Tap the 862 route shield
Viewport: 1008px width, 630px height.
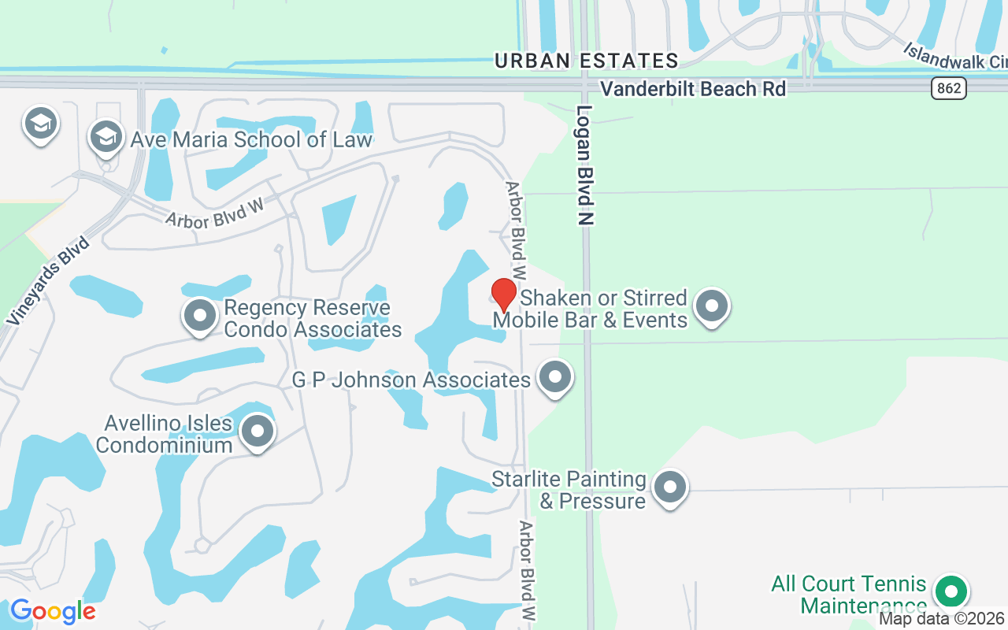949,88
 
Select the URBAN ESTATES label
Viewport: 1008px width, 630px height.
586,61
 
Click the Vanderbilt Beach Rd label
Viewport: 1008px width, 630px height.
692,89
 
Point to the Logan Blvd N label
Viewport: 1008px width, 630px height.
584,165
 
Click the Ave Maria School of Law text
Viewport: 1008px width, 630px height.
251,140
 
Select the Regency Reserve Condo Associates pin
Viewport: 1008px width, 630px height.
200,316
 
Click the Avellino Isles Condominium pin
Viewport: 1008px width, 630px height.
257,431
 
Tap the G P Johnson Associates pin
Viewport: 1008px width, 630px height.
555,377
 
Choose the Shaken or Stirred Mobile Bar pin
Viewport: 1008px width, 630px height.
713,306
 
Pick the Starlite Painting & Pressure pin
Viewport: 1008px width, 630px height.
670,487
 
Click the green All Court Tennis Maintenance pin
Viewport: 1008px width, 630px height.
951,591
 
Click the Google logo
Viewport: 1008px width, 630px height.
53,611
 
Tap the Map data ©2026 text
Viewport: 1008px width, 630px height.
942,619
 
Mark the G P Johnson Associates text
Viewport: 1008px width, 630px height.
411,380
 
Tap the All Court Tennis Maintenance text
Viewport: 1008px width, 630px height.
848,595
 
